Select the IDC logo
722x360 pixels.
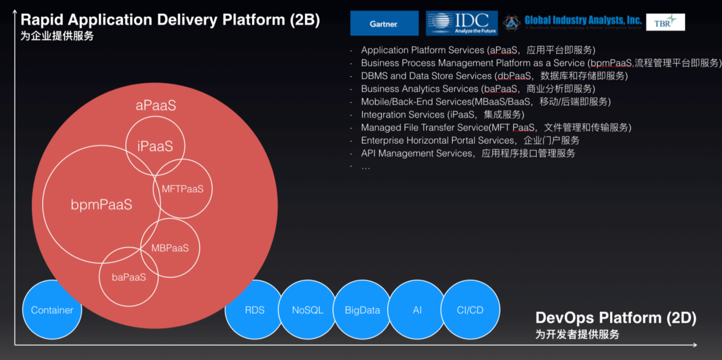[x=461, y=23]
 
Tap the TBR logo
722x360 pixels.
[x=665, y=22]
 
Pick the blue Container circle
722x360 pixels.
[x=52, y=310]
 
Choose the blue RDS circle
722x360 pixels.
[x=254, y=310]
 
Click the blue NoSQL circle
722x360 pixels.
[x=307, y=310]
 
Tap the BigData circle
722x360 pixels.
[x=362, y=310]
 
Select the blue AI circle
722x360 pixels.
[x=417, y=310]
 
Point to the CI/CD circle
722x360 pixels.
[x=470, y=310]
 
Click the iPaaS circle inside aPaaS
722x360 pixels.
[x=155, y=146]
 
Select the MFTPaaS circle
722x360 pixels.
[x=182, y=189]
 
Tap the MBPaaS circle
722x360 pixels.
[x=170, y=248]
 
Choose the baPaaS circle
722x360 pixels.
[x=129, y=277]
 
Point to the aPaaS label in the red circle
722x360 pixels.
[x=156, y=106]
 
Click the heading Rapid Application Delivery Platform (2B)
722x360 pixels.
[x=170, y=21]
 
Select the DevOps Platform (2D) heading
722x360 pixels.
[x=615, y=318]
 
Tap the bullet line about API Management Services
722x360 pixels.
[x=468, y=153]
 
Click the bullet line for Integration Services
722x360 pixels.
[x=442, y=115]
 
